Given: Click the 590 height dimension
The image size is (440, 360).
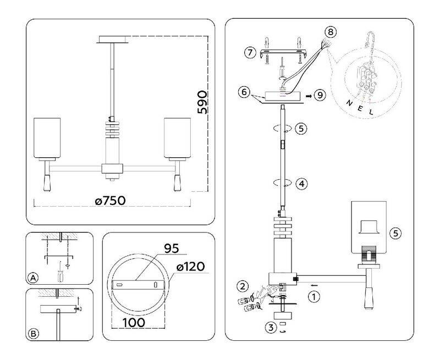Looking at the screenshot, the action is click(202, 102).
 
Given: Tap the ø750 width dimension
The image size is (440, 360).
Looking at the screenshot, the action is click(111, 201).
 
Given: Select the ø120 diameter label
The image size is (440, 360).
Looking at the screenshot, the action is click(190, 267).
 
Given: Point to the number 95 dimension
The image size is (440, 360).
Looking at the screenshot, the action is click(172, 248).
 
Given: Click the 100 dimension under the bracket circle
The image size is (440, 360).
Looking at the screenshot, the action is click(134, 323).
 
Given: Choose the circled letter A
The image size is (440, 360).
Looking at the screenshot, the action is click(33, 278).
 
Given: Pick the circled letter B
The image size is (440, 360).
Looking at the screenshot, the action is click(34, 334).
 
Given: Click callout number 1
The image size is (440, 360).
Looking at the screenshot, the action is click(314, 296).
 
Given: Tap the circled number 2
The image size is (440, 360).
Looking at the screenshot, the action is click(243, 286).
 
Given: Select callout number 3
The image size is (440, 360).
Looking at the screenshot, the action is click(271, 327).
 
